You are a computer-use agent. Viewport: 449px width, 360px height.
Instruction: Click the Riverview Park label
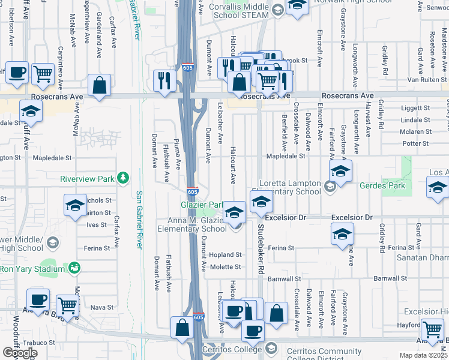pos(87,178)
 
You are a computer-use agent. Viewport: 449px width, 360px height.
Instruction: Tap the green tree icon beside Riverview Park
pos(123,178)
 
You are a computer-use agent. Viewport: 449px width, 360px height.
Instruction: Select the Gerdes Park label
pos(382,185)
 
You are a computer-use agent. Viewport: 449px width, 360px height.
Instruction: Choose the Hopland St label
pos(229,255)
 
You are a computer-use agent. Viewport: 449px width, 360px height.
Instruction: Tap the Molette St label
pos(228,266)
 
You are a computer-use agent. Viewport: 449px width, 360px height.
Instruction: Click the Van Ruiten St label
pos(424,79)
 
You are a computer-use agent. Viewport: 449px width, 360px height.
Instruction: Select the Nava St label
pos(101,307)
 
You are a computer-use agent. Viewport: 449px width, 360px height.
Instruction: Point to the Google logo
pos(19,353)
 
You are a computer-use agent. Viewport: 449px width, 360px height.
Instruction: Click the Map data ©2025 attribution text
pos(424,355)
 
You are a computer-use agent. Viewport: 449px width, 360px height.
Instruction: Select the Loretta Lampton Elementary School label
pos(290,188)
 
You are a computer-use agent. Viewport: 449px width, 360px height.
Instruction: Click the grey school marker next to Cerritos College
pos(271,348)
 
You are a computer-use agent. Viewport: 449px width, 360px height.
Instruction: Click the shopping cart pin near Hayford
pos(432,329)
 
